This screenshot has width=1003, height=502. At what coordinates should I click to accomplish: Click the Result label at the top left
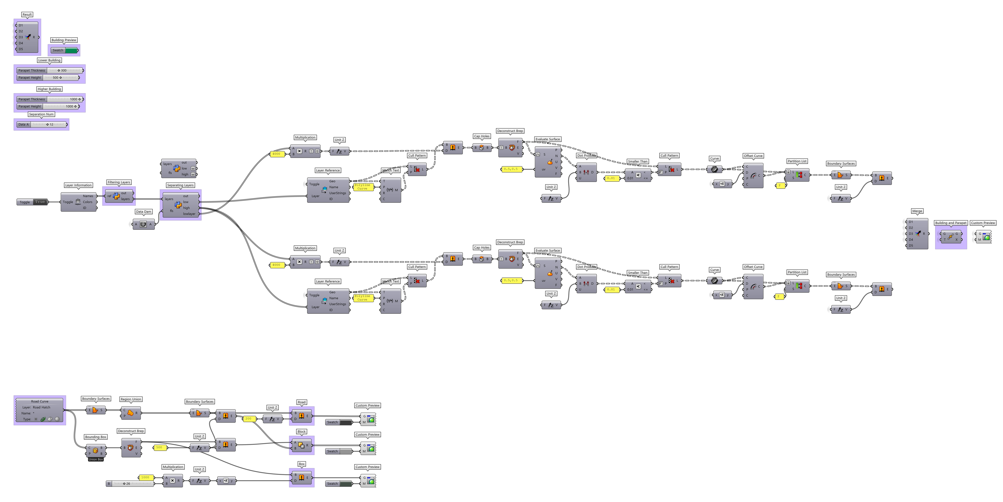pyautogui.click(x=27, y=14)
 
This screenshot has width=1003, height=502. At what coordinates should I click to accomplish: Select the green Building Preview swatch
pyautogui.click(x=71, y=50)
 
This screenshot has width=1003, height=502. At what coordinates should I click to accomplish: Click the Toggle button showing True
pyautogui.click(x=40, y=202)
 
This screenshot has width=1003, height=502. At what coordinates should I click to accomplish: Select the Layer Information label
pyautogui.click(x=78, y=185)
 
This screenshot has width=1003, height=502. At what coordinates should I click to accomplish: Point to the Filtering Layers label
pyautogui.click(x=119, y=182)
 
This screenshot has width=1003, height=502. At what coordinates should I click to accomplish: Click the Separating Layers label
pyautogui.click(x=180, y=185)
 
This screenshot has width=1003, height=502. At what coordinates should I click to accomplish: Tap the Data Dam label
pyautogui.click(x=143, y=212)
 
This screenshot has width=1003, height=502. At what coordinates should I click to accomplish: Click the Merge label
pyautogui.click(x=917, y=211)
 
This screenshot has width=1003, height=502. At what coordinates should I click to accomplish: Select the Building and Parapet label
pyautogui.click(x=950, y=223)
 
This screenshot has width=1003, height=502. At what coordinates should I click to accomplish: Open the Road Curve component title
pyautogui.click(x=40, y=401)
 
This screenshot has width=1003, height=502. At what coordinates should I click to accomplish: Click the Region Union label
pyautogui.click(x=131, y=399)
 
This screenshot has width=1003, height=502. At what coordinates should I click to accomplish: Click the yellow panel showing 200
pyautogui.click(x=248, y=419)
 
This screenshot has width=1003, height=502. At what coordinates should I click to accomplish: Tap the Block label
pyautogui.click(x=301, y=431)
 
